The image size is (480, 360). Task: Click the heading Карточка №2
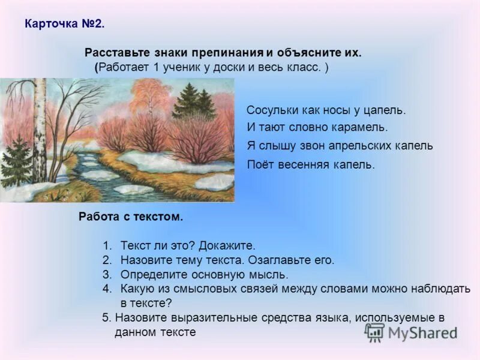(x=64, y=25)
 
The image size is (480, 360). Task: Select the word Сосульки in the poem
(x=271, y=110)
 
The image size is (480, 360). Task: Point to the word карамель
(x=362, y=127)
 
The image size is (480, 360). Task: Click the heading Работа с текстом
(x=130, y=217)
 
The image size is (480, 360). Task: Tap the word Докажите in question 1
(x=231, y=246)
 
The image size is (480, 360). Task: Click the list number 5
(x=106, y=318)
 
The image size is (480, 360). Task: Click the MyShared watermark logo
(x=411, y=332)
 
